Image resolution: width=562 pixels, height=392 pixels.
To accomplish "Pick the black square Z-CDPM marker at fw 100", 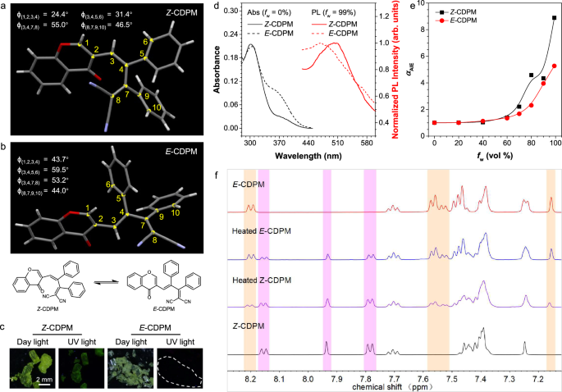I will coord(554,18).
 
